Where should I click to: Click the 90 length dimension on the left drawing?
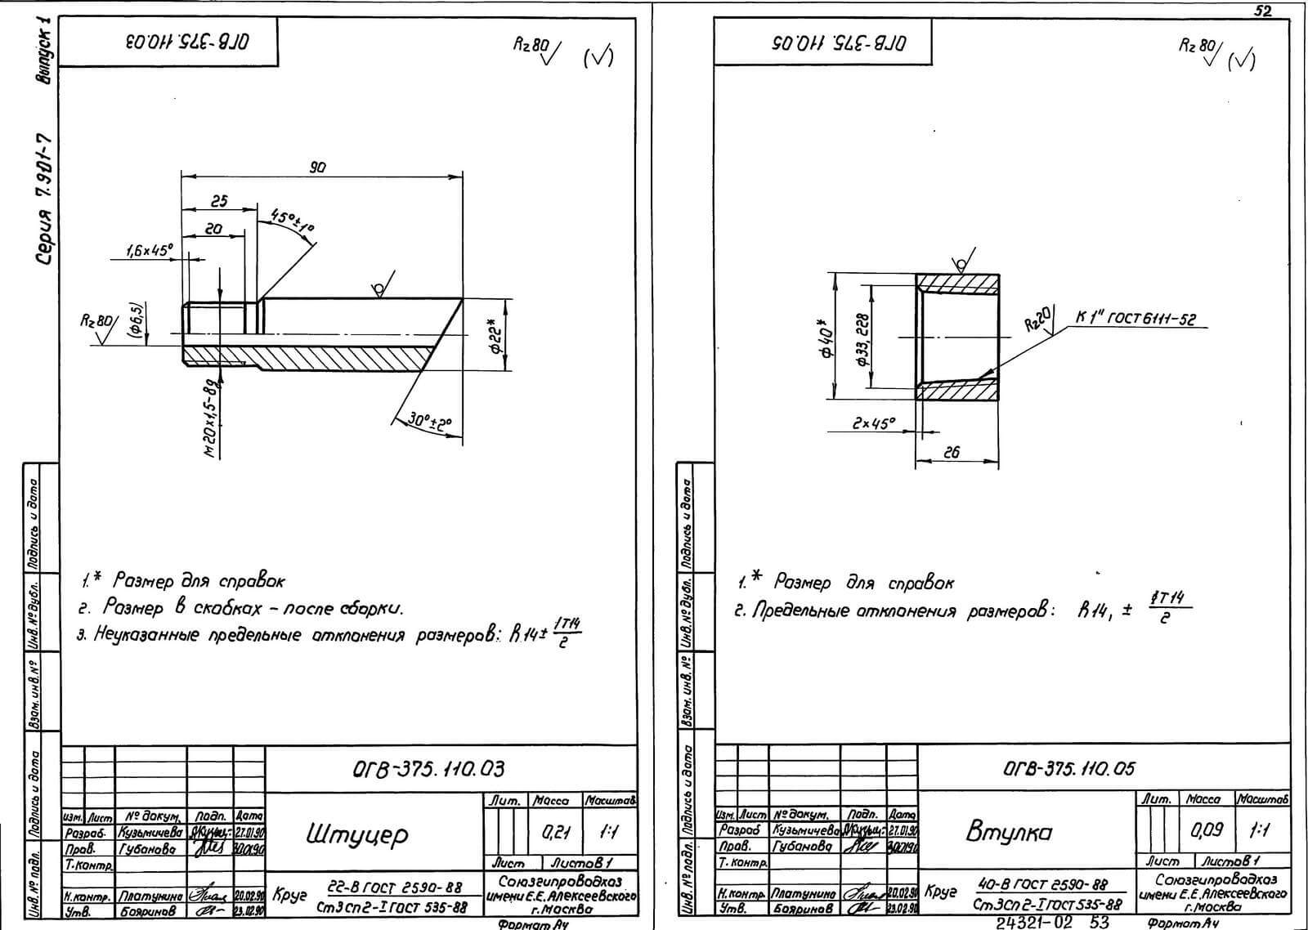pyautogui.click(x=318, y=167)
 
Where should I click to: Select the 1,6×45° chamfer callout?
pyautogui.click(x=150, y=252)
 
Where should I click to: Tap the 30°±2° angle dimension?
pyautogui.click(x=430, y=422)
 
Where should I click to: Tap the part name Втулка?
pyautogui.click(x=1008, y=832)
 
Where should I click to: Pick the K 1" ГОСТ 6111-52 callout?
pyautogui.click(x=1136, y=319)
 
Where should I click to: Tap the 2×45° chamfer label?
pyautogui.click(x=873, y=423)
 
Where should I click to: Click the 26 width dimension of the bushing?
pyautogui.click(x=951, y=452)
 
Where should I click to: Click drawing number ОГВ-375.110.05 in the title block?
pyautogui.click(x=1068, y=768)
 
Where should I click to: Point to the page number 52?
pyautogui.click(x=1262, y=10)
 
